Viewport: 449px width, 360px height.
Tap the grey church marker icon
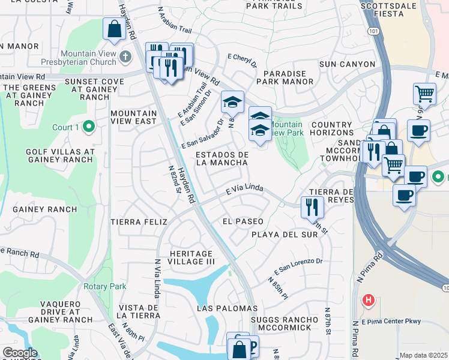[125, 56]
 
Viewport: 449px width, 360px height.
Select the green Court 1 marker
[89, 127]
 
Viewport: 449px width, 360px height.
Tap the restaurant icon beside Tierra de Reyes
[312, 207]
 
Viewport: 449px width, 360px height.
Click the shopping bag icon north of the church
[114, 29]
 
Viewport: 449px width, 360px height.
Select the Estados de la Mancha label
[222, 158]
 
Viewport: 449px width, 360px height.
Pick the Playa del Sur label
[284, 235]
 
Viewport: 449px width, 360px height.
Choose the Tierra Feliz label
[139, 222]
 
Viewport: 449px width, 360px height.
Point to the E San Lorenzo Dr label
[298, 266]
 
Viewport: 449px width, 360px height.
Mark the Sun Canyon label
[347, 64]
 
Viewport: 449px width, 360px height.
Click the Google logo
[20, 352]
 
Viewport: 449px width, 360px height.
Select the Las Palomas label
[228, 308]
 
